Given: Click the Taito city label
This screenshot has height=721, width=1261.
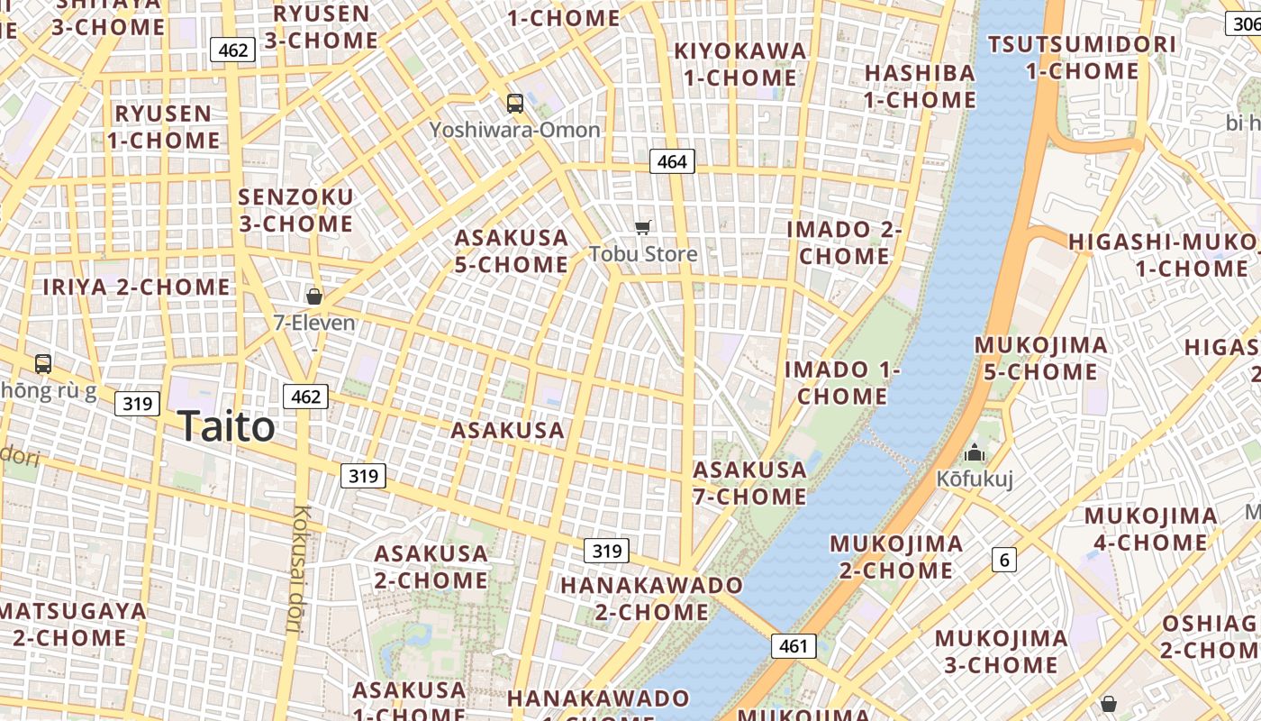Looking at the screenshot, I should [226, 426].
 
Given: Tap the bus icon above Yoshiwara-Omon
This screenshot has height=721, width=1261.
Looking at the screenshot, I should [515, 104].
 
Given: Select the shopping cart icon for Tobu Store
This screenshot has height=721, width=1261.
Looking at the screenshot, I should [642, 227].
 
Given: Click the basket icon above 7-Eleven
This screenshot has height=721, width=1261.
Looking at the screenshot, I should [314, 296].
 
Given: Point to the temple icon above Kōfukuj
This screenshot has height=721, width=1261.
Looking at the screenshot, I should [974, 452].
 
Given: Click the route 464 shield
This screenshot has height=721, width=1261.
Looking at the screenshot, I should [672, 161].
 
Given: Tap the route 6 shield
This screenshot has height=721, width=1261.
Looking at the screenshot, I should [1004, 560].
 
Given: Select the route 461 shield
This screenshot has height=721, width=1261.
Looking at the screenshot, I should [794, 646].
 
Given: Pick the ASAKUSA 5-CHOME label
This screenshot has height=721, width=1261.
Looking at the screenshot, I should [512, 251].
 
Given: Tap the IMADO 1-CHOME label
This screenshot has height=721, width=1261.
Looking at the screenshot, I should [842, 383].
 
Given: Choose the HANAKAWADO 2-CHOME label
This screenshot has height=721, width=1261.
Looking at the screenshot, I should [651, 598].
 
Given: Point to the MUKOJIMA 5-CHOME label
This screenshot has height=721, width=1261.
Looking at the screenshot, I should [1040, 359].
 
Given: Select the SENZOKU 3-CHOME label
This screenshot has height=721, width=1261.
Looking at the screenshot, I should [295, 210].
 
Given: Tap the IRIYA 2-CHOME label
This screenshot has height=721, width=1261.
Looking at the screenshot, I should [137, 287].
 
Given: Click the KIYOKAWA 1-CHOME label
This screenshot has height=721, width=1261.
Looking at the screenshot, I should [739, 64].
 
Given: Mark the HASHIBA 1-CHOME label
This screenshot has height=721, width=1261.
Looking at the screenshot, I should [920, 86].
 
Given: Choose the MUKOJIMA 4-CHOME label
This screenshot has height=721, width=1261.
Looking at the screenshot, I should [1150, 529].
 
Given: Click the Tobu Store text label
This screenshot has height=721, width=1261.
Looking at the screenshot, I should [643, 254].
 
